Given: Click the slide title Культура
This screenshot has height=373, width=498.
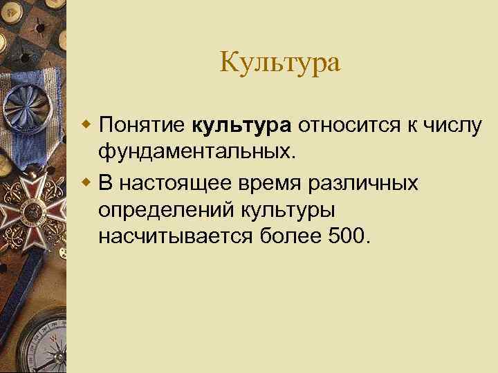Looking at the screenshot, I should click(x=280, y=63).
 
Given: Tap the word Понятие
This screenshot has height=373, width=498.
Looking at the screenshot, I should click(x=142, y=126).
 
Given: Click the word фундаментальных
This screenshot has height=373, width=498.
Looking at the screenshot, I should click(x=196, y=151).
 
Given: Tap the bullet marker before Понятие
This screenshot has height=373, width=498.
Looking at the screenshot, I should click(x=86, y=125).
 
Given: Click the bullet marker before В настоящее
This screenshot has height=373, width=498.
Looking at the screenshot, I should click(x=86, y=184).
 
